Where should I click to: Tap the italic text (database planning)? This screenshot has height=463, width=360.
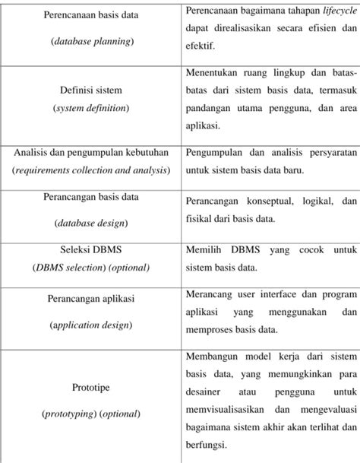[x=91, y=41]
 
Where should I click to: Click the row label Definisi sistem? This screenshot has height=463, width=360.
[x=90, y=91]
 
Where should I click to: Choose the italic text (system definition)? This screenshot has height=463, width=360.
[x=90, y=108]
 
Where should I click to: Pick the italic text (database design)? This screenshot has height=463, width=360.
[x=91, y=222]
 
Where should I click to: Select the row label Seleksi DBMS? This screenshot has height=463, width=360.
[x=90, y=251]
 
